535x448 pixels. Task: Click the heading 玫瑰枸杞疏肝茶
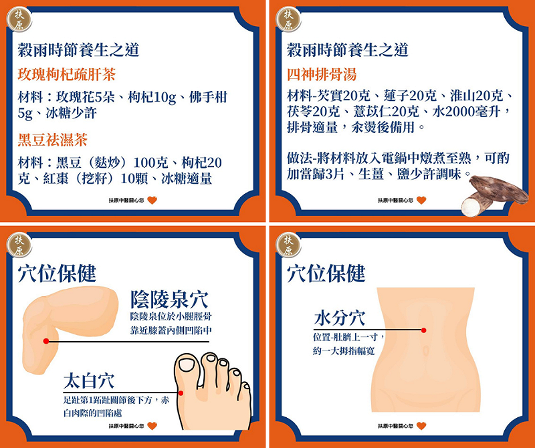pos(67,75)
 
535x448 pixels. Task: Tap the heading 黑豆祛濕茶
pos(53,140)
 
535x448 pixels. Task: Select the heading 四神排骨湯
pos(322,75)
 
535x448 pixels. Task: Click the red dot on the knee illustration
pos(46,341)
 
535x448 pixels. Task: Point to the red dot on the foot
pos(181,393)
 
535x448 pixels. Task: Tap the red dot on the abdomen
pos(424,330)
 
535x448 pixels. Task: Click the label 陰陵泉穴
pos(169,300)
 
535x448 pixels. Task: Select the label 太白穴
pos(89,381)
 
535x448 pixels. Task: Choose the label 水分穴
pos(340,318)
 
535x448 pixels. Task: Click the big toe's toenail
pos(187,364)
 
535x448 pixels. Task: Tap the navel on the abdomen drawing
pos(425,350)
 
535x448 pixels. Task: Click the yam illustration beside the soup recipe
pos(494,195)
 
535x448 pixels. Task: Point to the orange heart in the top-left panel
pos(152,201)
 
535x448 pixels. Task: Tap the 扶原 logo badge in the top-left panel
pos(19,19)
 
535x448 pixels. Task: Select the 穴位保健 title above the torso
pos(326,273)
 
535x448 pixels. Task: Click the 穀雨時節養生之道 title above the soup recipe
pos(348,50)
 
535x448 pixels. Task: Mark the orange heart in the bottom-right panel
pos(421,426)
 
